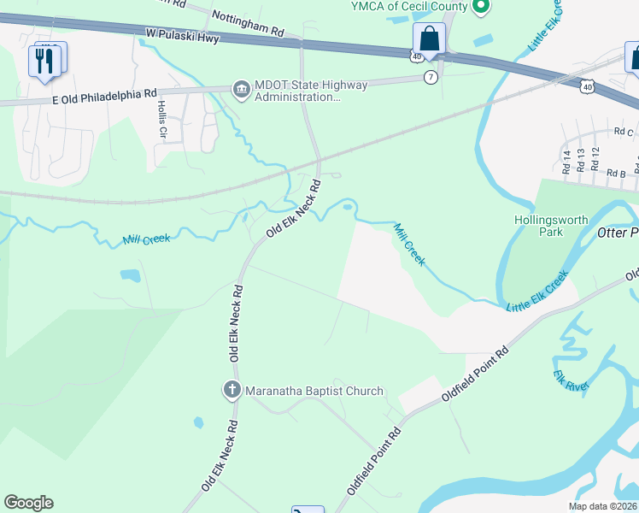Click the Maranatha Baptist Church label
coord(314,392)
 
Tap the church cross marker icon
coord(232,391)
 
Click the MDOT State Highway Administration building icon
coord(242,88)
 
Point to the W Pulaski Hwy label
coord(182,37)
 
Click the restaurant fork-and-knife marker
coord(45,61)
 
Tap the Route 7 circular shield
coord(431,78)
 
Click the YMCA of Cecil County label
coord(409,7)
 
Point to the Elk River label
coord(571,380)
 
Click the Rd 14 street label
coord(566,160)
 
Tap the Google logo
coord(28,503)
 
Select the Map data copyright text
coord(602,506)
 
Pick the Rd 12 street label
coord(595,158)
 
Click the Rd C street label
coord(624,132)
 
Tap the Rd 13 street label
coord(581,160)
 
